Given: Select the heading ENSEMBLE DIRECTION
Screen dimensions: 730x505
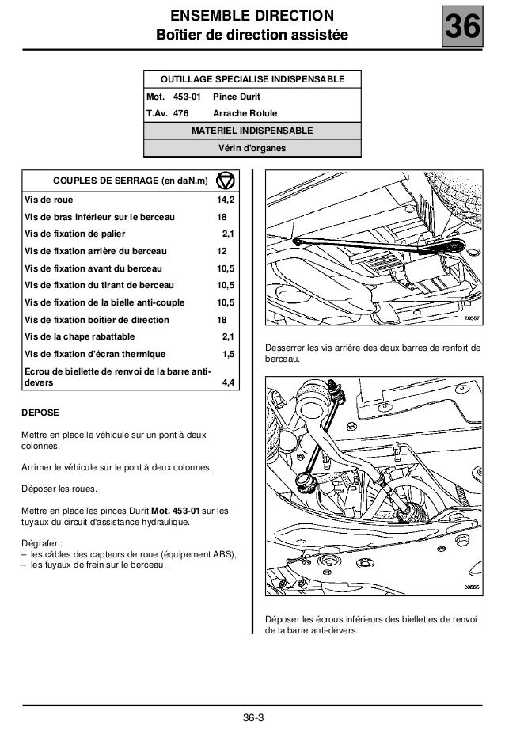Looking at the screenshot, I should tap(252, 17).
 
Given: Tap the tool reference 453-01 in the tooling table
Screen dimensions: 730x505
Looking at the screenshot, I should tap(187, 97).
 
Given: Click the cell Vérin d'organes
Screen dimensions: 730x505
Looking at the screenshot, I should tap(252, 147).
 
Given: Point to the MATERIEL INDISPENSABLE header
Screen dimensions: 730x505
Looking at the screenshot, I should tap(252, 130).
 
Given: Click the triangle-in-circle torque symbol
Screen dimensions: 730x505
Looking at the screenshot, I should tap(225, 181).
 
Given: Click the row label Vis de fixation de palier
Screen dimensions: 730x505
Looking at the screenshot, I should tap(74, 235).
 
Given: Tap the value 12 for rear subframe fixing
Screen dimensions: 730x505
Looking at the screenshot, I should tap(222, 253).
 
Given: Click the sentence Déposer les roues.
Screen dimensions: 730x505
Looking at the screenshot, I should tap(59, 489).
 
